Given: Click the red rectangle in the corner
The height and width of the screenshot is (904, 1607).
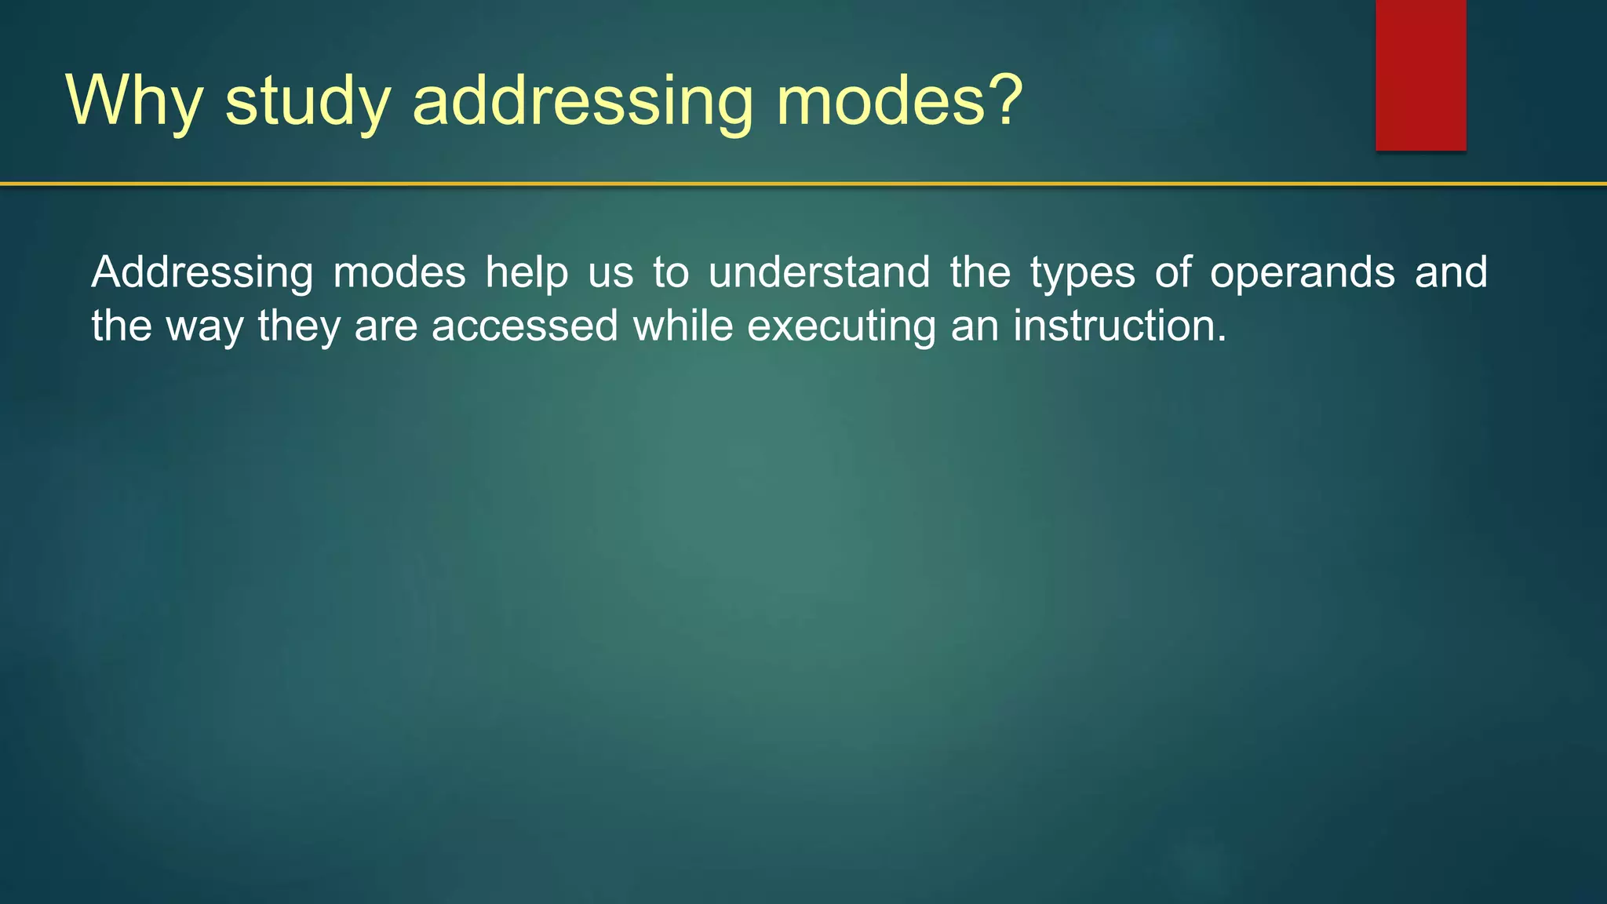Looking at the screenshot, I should click(1420, 75).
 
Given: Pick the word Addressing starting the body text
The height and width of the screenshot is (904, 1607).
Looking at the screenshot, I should click(202, 273).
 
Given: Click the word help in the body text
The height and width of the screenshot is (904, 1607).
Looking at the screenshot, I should click(527, 273).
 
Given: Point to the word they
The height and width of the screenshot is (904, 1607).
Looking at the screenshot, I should click(299, 326).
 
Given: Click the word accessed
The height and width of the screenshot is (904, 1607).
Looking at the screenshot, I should click(525, 326).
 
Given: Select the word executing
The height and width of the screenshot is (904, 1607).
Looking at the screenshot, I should click(841, 327).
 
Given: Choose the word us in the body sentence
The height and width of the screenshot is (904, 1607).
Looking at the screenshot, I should click(611, 273).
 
